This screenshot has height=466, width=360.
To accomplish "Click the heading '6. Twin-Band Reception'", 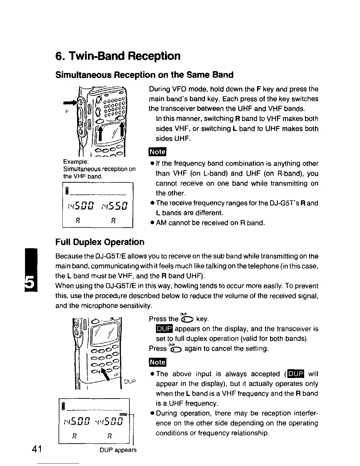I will [x=118, y=56].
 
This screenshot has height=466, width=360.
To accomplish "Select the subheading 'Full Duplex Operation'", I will [x=100, y=242].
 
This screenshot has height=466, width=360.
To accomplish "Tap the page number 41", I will [x=38, y=450].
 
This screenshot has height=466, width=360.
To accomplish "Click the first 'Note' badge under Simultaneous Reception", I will [x=158, y=152].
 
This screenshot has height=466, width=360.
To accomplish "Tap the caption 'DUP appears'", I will [x=118, y=450].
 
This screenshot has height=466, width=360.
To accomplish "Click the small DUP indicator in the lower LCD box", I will [x=123, y=414].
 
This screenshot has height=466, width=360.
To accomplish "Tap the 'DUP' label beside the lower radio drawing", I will [x=130, y=382].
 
